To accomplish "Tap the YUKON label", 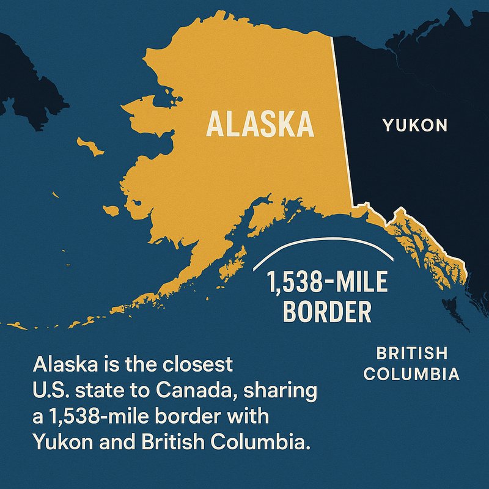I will coord(415,126).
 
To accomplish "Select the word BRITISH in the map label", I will coord(411,353).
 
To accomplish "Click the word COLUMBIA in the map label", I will coord(411,373).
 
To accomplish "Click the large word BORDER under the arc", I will coord(328,312).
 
